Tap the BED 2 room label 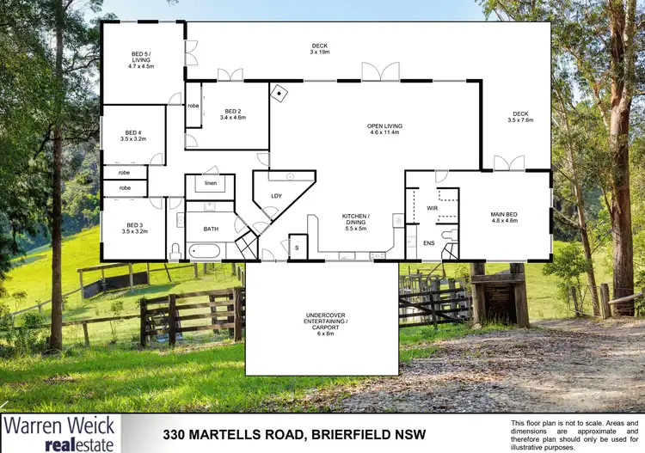pyautogui.click(x=233, y=114)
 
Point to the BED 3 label pyautogui.click(x=131, y=228)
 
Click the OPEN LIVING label pyautogui.click(x=385, y=130)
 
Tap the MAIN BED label pyautogui.click(x=504, y=218)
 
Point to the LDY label pyautogui.click(x=276, y=195)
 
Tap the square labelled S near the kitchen pyautogui.click(x=298, y=247)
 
